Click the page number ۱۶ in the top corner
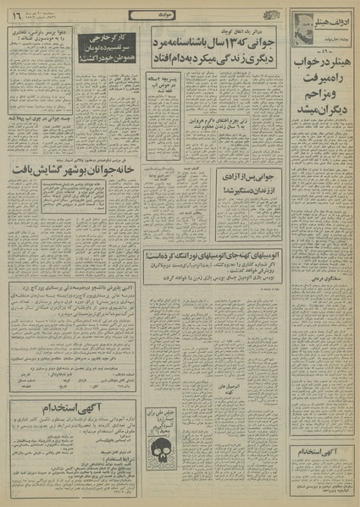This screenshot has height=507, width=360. point(16,15)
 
